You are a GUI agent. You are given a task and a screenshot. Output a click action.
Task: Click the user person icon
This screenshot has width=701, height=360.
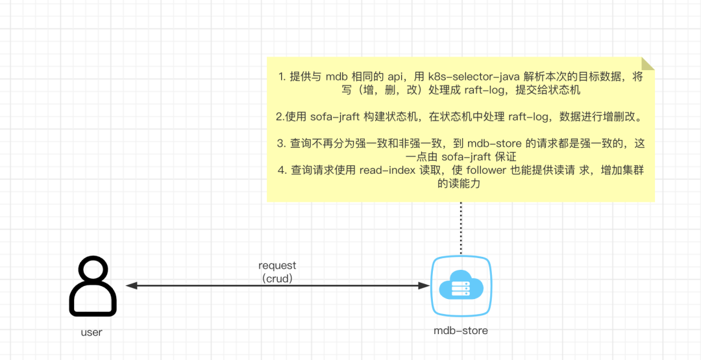[x=93, y=286]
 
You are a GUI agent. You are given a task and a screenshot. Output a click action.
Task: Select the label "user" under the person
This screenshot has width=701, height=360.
[x=92, y=332]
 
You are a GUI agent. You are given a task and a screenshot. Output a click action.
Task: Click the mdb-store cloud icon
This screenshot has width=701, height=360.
[x=461, y=286]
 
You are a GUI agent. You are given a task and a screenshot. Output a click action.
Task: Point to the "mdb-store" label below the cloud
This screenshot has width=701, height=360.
[x=461, y=331]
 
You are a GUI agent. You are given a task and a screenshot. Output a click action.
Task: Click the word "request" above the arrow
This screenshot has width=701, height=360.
[x=277, y=265]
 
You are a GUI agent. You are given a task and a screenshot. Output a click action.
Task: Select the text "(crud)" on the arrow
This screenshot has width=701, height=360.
[x=277, y=278]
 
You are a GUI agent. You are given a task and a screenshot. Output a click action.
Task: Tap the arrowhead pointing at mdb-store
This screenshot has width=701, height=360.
[x=424, y=285]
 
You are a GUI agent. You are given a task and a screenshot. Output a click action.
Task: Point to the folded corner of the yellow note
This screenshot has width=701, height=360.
[x=646, y=64]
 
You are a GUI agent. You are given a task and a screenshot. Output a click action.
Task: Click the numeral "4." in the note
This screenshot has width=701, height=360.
[x=282, y=170]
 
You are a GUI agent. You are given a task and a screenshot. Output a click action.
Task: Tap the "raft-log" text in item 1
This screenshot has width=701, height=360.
[x=487, y=90]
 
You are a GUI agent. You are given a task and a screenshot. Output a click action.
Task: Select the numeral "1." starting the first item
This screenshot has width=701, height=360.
[x=282, y=77]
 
